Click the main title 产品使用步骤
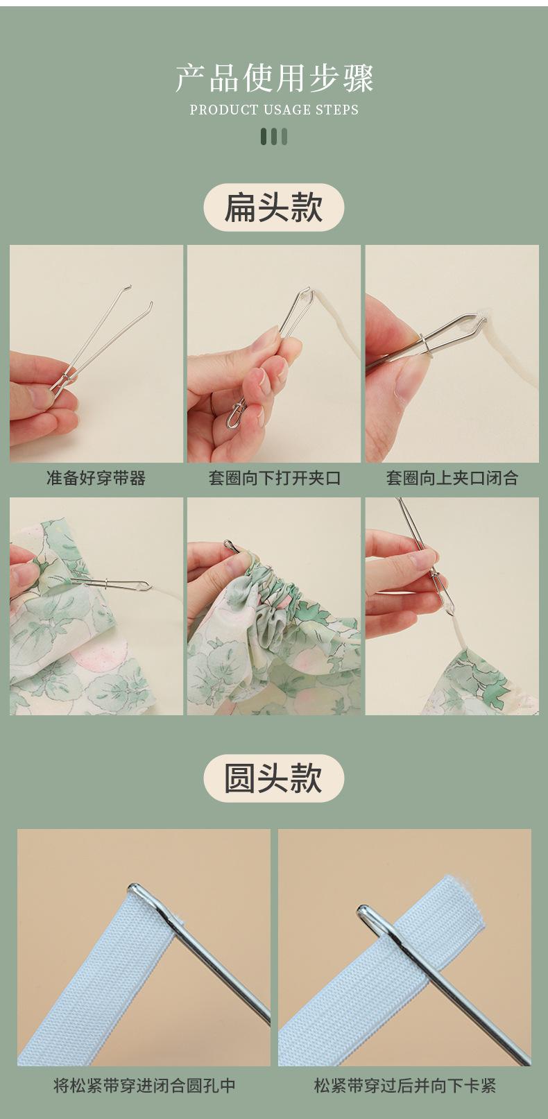274,78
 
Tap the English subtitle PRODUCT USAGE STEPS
274,110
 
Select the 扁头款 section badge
274,207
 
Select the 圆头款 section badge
274,778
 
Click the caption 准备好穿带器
96,478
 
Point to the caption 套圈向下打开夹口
274,478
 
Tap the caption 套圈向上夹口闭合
452,478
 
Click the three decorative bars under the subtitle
274,137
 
